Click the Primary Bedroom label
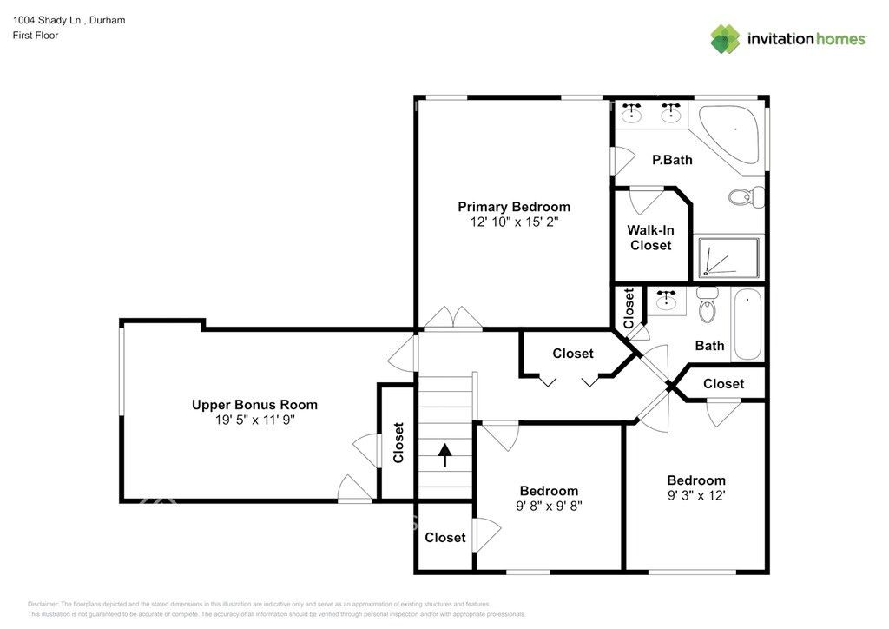coord(514,207)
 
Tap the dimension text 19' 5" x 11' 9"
coord(254,420)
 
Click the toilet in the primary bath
coord(746,197)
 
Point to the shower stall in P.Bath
coord(728,258)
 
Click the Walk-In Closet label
coord(651,238)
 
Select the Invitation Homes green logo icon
coord(725,39)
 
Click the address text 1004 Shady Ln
coord(47,20)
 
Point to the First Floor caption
coord(35,35)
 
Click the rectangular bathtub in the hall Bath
coord(747,324)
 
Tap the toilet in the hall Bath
coord(707,305)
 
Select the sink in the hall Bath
coord(666,301)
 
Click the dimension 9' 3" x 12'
coord(696,495)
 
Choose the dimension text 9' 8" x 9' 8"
coord(549,506)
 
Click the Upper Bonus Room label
coord(254,405)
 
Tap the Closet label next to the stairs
coord(398,442)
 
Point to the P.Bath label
coord(672,160)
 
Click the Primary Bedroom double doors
coord(453,318)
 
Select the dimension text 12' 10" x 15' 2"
coord(514,222)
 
